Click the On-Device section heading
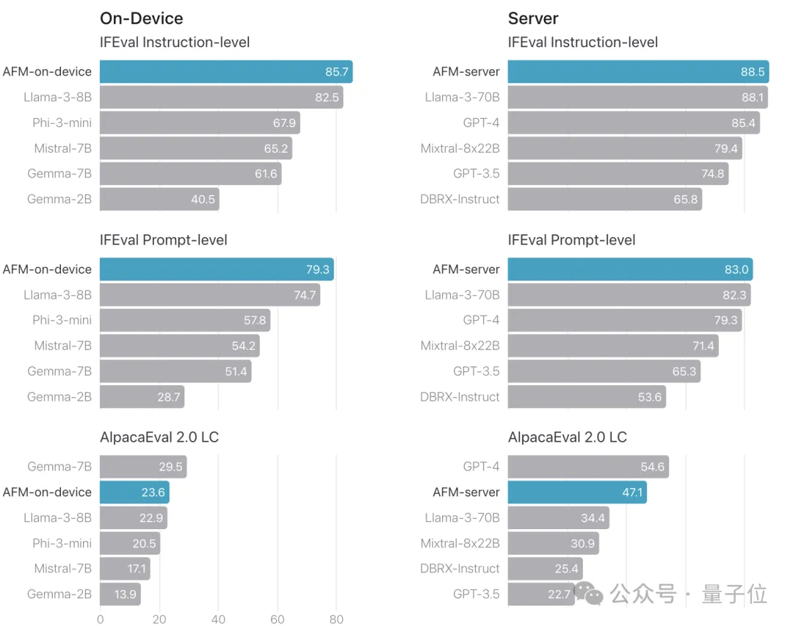click(x=141, y=18)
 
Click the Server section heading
click(x=533, y=18)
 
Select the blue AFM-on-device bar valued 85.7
click(x=226, y=72)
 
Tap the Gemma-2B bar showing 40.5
click(x=159, y=199)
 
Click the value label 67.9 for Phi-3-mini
click(x=284, y=123)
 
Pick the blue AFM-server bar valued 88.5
click(x=638, y=72)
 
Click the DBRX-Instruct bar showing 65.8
click(x=604, y=199)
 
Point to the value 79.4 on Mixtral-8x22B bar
click(x=726, y=148)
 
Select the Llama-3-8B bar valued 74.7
click(x=210, y=295)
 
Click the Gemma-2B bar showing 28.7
click(x=142, y=397)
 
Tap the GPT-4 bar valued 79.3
click(x=624, y=320)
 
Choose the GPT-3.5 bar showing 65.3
click(x=604, y=371)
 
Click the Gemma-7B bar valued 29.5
click(x=143, y=467)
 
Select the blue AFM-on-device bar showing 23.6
click(x=134, y=492)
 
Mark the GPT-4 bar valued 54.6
click(x=588, y=467)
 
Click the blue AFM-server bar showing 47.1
click(x=577, y=492)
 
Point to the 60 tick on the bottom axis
click(x=278, y=619)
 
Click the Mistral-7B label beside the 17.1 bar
click(x=63, y=569)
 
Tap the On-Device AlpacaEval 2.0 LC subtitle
click(x=159, y=437)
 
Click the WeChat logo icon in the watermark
click(x=589, y=593)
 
